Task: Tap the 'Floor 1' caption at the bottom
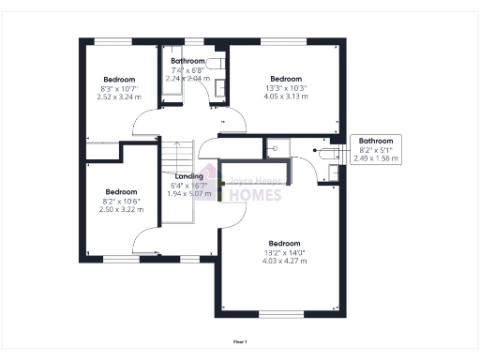point(240,342)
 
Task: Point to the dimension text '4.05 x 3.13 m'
point(286,96)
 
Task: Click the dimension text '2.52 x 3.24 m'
point(119,97)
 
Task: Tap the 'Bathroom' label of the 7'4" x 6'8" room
point(187,62)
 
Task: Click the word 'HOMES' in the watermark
point(250,195)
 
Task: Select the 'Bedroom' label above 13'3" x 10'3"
point(286,79)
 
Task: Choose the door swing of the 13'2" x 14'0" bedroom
point(234,211)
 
